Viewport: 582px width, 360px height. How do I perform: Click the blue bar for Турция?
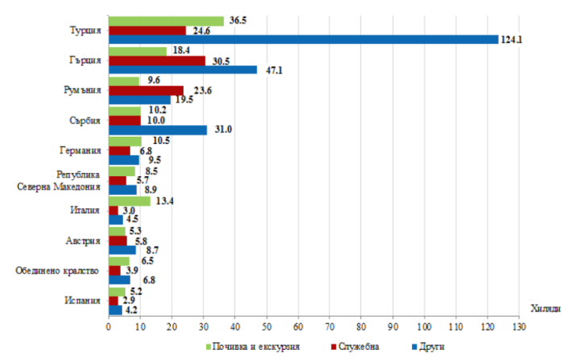pos(303,39)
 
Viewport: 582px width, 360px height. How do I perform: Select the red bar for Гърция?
pos(157,60)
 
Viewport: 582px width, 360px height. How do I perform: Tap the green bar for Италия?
pos(129,200)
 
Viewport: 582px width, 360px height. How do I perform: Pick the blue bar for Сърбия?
pos(157,130)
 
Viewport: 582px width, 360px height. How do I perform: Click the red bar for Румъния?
pos(145,90)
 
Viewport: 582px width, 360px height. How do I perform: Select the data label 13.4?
pos(164,200)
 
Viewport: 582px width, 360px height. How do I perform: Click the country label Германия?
pos(79,150)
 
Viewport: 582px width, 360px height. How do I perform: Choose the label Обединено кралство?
pos(57,270)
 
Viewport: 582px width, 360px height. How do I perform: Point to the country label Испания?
pos(82,300)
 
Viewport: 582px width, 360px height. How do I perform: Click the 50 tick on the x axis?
pos(267,325)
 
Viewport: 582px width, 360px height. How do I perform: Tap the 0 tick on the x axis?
pos(109,325)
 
